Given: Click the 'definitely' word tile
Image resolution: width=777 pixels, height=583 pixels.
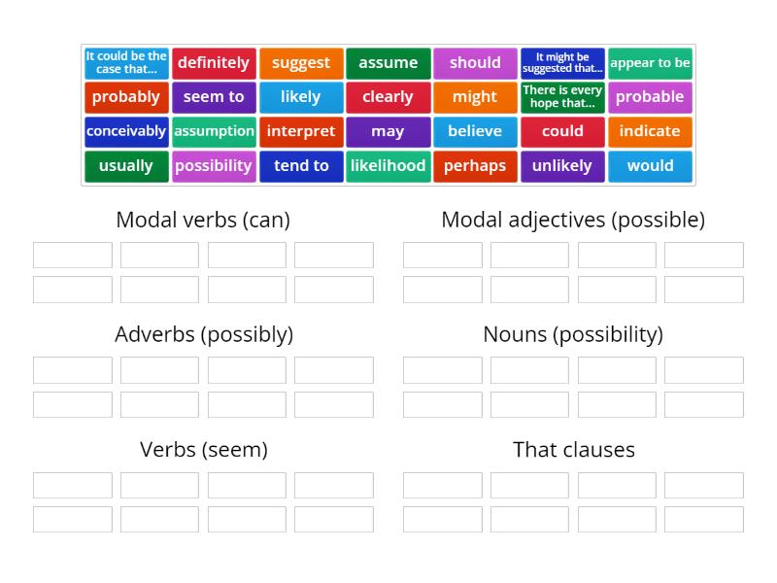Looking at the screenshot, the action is tap(214, 63).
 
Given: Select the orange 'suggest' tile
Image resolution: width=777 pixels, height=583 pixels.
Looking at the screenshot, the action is tap(301, 63).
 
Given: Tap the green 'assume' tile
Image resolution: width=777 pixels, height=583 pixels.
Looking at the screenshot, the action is tap(388, 63).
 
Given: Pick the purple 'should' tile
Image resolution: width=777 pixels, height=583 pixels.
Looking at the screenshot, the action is tap(475, 63).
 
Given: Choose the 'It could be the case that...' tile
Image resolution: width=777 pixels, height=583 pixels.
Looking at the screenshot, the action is tap(126, 63).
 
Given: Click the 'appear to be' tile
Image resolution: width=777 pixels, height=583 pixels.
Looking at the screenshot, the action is tap(650, 63).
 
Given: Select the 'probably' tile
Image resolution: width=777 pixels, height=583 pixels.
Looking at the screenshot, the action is tap(126, 97).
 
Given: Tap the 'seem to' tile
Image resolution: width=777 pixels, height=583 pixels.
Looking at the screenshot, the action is tap(214, 97).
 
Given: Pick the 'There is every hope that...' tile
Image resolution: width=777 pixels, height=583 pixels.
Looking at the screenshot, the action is tap(562, 97).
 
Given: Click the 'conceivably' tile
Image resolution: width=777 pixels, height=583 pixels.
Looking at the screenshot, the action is tap(126, 131).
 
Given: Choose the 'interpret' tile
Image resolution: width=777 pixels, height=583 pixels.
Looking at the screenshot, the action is tap(301, 131).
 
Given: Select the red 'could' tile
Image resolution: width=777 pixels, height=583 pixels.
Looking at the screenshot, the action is tap(562, 131).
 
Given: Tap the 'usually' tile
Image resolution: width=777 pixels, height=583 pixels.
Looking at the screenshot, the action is tap(126, 166).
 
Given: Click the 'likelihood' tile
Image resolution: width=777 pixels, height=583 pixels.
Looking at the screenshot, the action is tap(388, 166).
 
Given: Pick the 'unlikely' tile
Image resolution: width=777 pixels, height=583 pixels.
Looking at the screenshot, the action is tap(562, 166).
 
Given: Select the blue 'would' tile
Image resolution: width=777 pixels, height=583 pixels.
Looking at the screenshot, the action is tap(650, 166).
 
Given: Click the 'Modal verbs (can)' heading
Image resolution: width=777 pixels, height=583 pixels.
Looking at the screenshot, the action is tap(203, 220).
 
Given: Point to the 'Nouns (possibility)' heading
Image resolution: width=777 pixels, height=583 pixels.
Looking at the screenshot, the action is tap(573, 334).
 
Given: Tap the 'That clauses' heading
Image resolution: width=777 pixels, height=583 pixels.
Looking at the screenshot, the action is tap(573, 450).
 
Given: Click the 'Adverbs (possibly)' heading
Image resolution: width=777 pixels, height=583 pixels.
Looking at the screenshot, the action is tap(203, 334).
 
